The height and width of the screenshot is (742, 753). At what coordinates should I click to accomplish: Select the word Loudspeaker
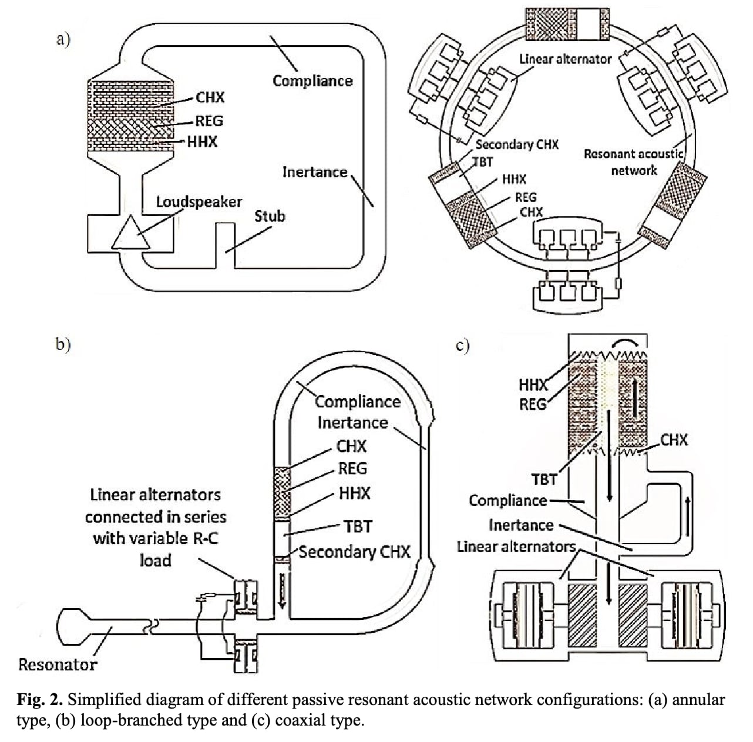tap(199, 202)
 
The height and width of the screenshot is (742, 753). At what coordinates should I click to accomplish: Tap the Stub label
tap(270, 216)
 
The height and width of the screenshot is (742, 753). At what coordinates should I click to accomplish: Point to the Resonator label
tap(57, 665)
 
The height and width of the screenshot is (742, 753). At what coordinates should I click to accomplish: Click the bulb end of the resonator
tap(73, 626)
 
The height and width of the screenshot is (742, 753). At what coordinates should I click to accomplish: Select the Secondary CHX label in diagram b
tap(355, 552)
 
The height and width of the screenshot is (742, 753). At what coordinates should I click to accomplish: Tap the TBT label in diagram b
tap(358, 527)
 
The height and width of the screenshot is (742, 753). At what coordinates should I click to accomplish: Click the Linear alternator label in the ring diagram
tap(565, 59)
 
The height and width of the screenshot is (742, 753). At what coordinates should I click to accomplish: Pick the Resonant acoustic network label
tap(633, 162)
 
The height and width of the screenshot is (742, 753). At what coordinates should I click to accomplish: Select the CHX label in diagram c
tap(674, 440)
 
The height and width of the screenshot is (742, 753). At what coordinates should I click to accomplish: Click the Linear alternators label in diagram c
tap(516, 547)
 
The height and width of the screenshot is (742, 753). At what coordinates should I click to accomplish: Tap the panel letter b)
tap(63, 344)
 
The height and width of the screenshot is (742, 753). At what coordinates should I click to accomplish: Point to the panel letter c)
tap(463, 346)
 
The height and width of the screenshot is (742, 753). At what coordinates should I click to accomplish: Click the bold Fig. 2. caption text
tap(39, 700)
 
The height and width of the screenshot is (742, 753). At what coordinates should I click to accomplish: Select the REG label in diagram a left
tap(209, 121)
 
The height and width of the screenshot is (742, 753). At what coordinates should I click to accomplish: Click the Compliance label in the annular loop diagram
tap(312, 81)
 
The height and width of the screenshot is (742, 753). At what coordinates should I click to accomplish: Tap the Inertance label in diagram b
tap(352, 423)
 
